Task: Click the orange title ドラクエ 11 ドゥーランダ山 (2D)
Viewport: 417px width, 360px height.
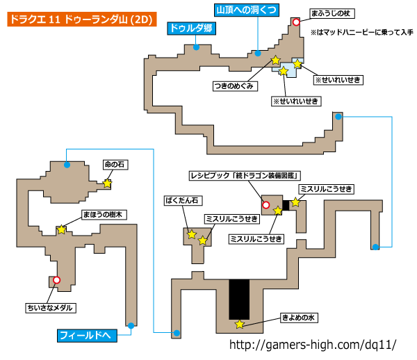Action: (x=82, y=19)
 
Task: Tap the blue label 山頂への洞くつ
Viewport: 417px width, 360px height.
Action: (x=247, y=10)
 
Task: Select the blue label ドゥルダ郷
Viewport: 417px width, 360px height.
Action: (x=192, y=28)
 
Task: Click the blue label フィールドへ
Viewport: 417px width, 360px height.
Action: (x=88, y=335)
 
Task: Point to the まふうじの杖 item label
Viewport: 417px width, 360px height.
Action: (x=332, y=13)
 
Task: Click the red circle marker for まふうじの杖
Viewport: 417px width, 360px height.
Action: (x=296, y=22)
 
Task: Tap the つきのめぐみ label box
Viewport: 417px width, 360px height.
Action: (x=235, y=86)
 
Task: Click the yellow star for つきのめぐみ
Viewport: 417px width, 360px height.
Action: (x=276, y=60)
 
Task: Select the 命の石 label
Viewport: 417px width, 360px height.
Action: (x=115, y=165)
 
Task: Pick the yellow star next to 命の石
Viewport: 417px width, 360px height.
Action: (x=107, y=183)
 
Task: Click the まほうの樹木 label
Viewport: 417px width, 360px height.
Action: (x=104, y=215)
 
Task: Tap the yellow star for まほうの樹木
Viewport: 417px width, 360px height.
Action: (x=61, y=229)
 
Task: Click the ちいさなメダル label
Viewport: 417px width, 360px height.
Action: (x=51, y=308)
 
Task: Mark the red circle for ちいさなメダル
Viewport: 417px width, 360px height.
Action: (x=57, y=280)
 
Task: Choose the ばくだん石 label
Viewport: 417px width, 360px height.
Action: (x=183, y=200)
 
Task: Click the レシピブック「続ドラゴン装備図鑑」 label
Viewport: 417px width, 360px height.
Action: (x=245, y=176)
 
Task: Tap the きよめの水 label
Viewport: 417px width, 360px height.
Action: (x=299, y=318)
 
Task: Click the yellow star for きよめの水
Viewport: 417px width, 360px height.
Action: (x=240, y=324)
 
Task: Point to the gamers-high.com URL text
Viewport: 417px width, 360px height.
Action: (x=313, y=345)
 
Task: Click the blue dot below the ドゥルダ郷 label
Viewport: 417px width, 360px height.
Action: (x=196, y=47)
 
